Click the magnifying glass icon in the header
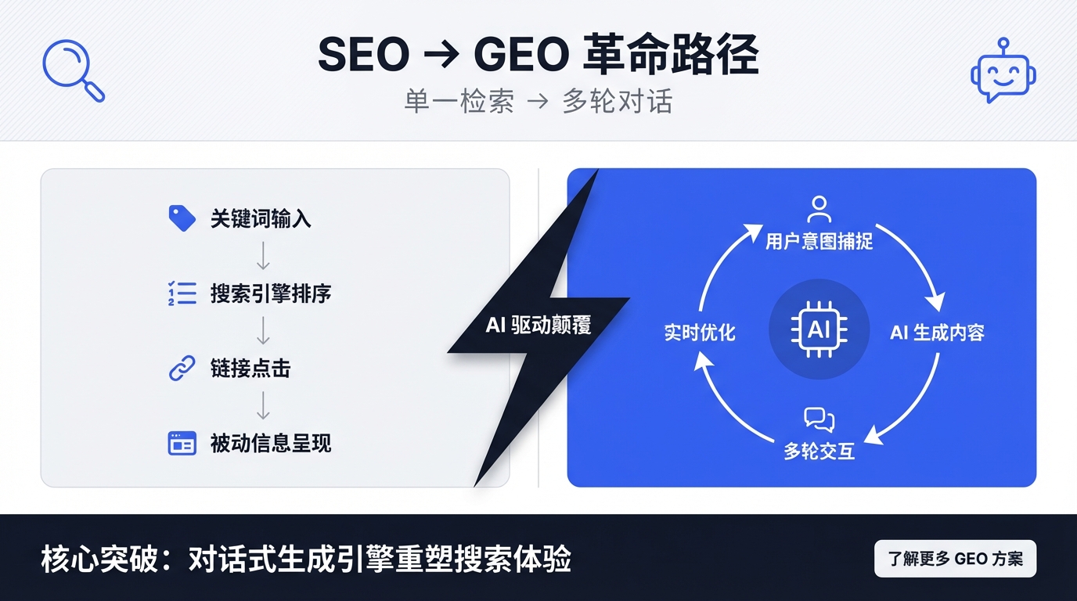point(72,70)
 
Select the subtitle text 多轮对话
point(617,102)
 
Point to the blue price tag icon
point(182,218)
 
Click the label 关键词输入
point(261,218)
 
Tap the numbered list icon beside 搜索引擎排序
point(182,293)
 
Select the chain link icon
point(182,369)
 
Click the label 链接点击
point(250,369)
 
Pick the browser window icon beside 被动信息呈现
point(182,443)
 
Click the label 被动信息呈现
point(271,444)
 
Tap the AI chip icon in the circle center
point(819,329)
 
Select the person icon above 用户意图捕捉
point(819,210)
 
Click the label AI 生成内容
point(937,333)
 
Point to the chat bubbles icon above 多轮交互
point(819,420)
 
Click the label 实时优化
point(700,333)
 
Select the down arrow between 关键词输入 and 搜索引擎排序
point(264,256)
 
